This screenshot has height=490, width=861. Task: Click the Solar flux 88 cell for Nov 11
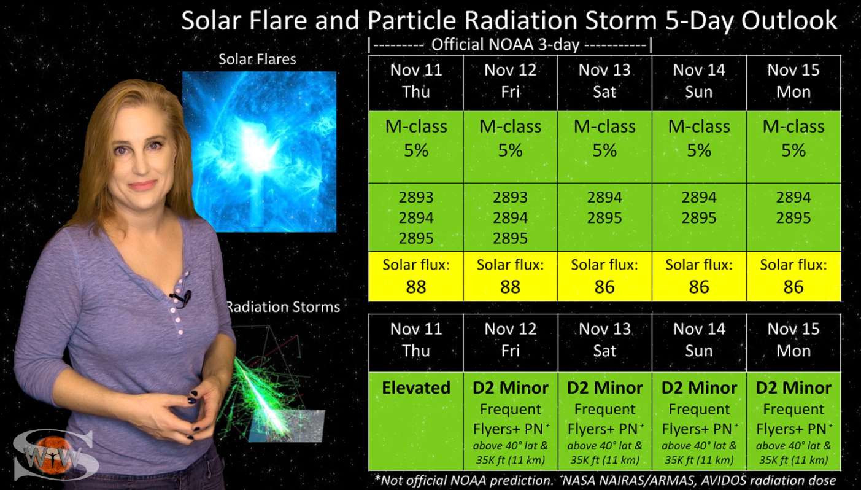click(x=416, y=276)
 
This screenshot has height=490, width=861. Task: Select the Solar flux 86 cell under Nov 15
click(x=793, y=276)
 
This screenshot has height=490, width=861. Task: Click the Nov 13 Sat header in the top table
click(x=604, y=81)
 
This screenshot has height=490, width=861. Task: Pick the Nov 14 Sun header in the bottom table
click(x=699, y=340)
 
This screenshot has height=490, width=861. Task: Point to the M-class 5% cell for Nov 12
click(x=511, y=147)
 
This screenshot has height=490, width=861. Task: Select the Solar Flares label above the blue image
click(x=257, y=59)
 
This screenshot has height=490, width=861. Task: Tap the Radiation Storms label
click(x=284, y=307)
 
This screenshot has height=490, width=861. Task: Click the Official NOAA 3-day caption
click(x=505, y=45)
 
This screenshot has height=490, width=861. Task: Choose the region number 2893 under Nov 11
click(x=416, y=197)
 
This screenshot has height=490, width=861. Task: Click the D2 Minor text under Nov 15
click(x=793, y=387)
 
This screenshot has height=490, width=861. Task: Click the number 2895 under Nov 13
click(x=604, y=218)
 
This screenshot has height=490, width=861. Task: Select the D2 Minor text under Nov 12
click(x=511, y=387)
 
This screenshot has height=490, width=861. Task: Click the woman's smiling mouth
click(x=143, y=185)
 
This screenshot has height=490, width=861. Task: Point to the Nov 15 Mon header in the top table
click(x=793, y=81)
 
